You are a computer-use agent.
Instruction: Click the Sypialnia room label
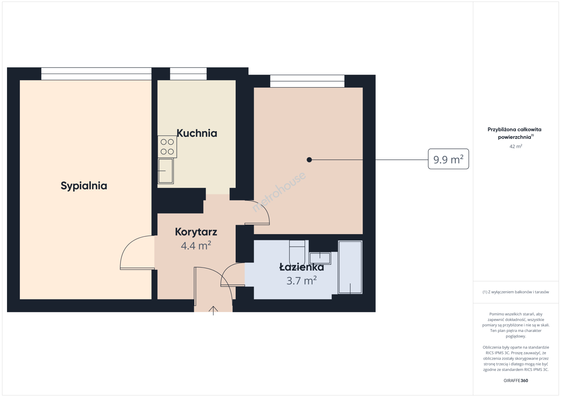point(84,186)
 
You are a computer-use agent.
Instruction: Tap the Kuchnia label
point(197,133)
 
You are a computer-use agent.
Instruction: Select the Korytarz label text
point(196,232)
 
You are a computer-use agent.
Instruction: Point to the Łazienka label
point(301,267)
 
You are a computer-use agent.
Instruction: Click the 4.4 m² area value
point(196,246)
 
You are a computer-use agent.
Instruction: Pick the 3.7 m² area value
point(301,280)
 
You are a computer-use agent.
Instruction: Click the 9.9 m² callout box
point(448,159)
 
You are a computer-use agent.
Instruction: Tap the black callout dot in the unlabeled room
point(309,160)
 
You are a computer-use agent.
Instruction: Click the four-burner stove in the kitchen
point(167,147)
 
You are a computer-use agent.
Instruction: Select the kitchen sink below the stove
point(166,171)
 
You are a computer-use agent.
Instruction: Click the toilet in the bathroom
point(297,253)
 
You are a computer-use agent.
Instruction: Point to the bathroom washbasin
point(320,258)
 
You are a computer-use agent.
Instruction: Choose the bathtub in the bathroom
point(350,267)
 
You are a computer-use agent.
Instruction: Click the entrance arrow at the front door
point(213,311)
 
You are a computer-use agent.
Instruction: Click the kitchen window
point(188,74)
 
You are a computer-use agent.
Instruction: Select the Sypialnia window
point(96,74)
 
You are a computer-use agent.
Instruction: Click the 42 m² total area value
point(516,147)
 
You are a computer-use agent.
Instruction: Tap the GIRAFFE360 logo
point(516,380)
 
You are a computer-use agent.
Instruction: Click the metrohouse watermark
point(279,192)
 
